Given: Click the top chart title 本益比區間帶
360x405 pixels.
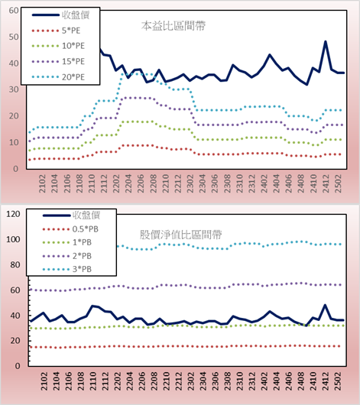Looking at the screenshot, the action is [x=174, y=26].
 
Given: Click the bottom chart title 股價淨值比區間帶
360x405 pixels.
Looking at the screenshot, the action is [x=181, y=235].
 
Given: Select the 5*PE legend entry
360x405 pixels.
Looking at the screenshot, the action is [x=56, y=31].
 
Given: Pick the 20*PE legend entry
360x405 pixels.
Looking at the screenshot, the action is [x=58, y=77].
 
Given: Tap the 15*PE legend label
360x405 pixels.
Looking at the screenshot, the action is [x=73, y=61].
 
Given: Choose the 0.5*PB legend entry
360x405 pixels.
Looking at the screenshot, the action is [x=70, y=229].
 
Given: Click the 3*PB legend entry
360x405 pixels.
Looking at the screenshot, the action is [x=67, y=269].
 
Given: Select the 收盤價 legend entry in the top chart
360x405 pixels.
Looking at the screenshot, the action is [x=60, y=15].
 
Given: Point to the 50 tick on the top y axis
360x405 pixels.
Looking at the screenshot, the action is [x=14, y=37].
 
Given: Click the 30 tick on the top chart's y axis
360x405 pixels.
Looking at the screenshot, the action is [x=14, y=89].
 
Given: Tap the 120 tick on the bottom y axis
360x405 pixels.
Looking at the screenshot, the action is [x=13, y=214].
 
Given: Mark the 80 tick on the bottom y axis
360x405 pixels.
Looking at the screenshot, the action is [x=15, y=264].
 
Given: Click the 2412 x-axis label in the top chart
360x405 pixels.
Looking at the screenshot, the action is [x=326, y=183].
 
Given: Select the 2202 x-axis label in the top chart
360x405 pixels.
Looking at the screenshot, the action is [x=116, y=183].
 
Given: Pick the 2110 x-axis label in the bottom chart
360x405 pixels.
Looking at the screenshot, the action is [x=93, y=381].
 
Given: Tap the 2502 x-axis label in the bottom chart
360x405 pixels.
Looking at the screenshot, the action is [x=338, y=381].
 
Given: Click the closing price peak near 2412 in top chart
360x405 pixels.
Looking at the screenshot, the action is [x=326, y=41].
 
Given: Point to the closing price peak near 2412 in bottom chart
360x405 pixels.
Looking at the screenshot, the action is [x=325, y=305].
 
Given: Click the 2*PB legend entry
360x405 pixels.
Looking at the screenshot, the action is [x=67, y=256].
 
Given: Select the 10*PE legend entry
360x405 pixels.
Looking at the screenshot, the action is [x=58, y=46].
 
